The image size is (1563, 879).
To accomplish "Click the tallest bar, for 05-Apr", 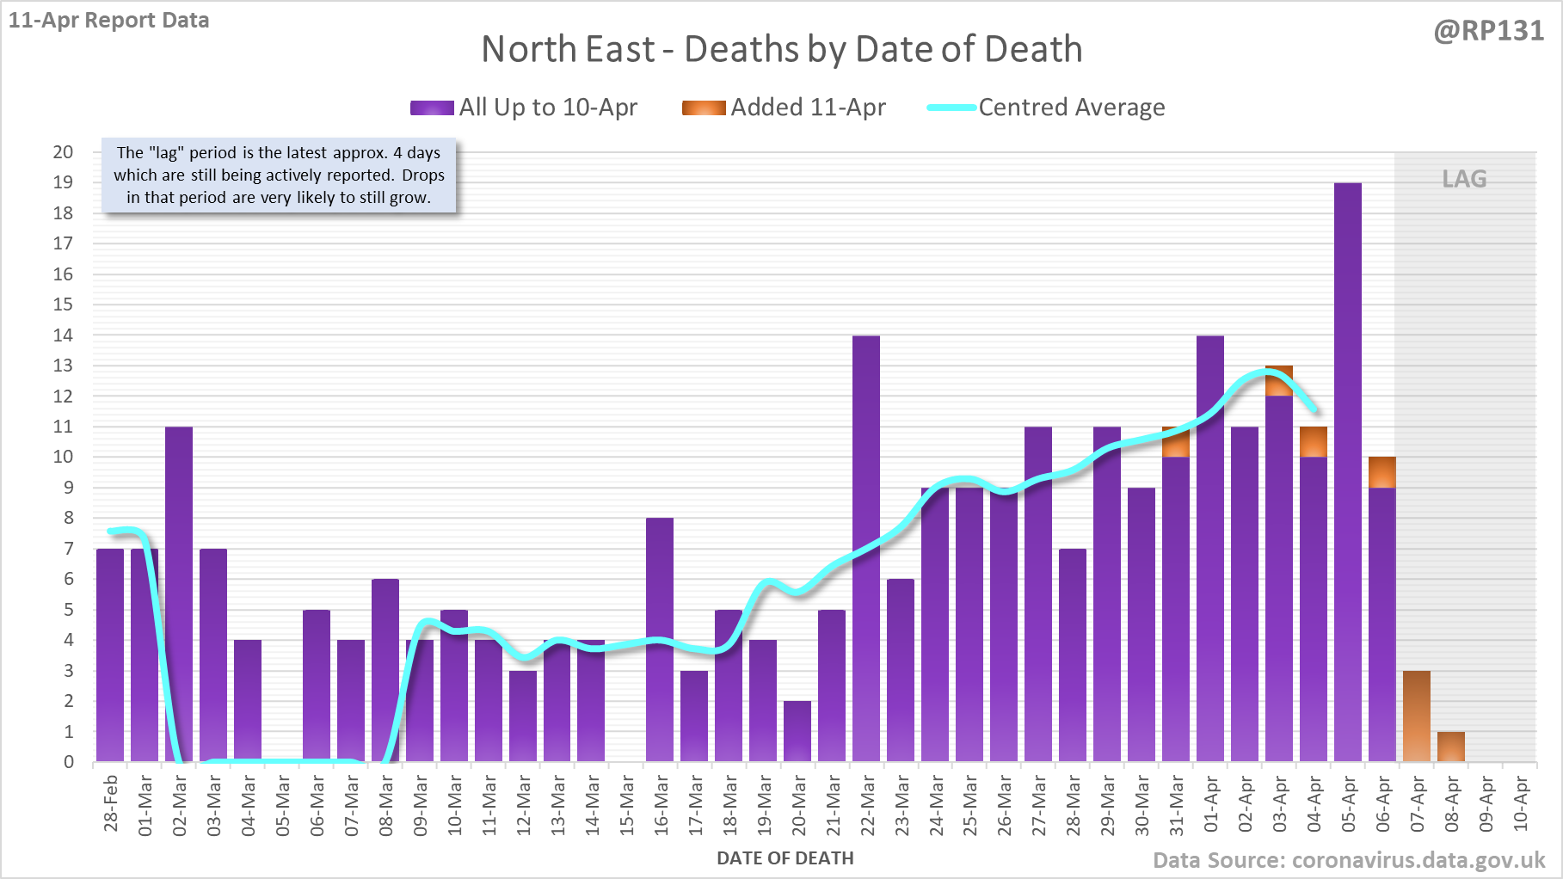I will pos(1347,473).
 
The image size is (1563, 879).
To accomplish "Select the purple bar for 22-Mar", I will pos(866,550).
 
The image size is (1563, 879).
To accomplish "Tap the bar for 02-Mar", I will pos(179,593).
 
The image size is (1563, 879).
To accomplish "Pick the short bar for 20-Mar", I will pos(797,731).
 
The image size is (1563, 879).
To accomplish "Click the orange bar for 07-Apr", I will pos(1416,716).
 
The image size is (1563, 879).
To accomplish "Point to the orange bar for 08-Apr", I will pos(1450,747).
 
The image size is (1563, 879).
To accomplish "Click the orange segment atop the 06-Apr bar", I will pos(1381,472).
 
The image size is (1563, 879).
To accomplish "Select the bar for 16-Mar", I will pos(660,640).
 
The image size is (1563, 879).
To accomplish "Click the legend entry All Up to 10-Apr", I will pos(524,108).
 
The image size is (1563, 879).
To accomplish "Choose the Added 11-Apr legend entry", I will pos(784,108).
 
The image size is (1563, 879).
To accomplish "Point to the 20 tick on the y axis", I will pos(63,152).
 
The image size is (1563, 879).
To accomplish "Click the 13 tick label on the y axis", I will pos(63,366).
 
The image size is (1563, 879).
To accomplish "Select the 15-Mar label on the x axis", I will pos(626,805).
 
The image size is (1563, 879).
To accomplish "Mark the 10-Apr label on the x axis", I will pos(1520,803).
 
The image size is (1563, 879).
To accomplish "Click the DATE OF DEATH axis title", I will pos(785,858).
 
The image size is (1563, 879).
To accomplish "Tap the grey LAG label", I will pos(1464,179).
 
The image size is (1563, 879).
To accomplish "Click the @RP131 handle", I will pos(1488,31).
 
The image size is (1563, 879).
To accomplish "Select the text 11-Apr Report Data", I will pos(109,21).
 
